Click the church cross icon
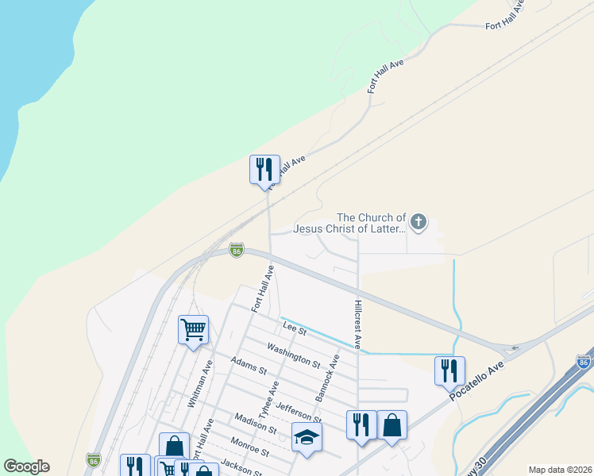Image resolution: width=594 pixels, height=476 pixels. point(418,222)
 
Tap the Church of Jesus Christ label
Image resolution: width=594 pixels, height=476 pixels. point(350,223)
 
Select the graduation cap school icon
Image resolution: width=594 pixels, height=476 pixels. point(307,437)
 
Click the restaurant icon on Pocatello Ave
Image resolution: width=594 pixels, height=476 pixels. point(449,369)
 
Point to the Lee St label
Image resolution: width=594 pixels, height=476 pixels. point(289,327)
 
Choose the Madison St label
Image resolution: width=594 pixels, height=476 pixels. point(255,423)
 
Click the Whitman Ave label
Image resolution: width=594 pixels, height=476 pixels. point(199,385)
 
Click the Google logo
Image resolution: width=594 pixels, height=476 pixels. point(26,466)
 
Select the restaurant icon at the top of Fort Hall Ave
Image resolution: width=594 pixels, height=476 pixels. point(264,169)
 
